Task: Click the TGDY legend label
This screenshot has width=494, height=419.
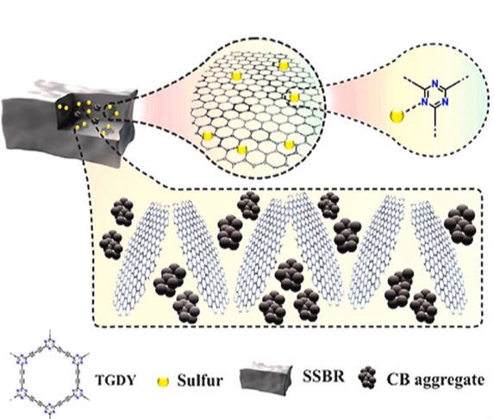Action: click(116, 380)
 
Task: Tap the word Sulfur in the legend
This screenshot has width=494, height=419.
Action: click(200, 380)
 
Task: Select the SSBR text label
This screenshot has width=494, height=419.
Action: click(324, 377)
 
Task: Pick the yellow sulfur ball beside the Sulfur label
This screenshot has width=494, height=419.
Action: click(163, 382)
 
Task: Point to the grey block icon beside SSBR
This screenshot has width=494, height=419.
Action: click(266, 376)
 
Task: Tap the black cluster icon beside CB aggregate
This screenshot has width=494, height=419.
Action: click(367, 377)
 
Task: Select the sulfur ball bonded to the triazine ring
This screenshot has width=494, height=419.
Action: click(397, 116)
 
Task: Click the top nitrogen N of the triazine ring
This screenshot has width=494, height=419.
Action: click(435, 84)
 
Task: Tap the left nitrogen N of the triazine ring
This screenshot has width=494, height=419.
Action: click(425, 102)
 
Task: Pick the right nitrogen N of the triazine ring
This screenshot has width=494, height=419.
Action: click(445, 102)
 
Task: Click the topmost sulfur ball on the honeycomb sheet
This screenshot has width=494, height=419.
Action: click(284, 66)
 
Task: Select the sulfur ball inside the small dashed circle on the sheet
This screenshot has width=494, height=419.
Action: click(294, 97)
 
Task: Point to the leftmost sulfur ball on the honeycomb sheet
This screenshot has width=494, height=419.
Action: click(208, 135)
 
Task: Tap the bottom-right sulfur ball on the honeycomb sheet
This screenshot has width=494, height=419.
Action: click(289, 144)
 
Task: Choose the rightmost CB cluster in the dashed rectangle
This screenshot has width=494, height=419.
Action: click(460, 224)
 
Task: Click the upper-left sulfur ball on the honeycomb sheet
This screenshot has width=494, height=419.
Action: click(236, 76)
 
